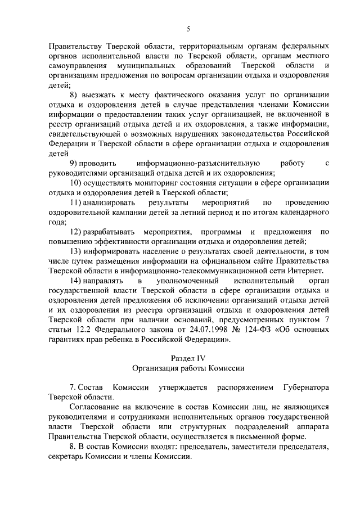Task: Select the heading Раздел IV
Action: point(188,358)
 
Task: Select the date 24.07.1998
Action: point(206,330)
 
